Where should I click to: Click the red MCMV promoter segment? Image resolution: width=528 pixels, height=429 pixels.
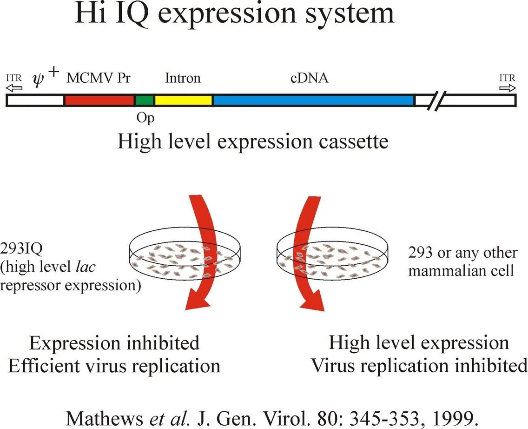coord(99,100)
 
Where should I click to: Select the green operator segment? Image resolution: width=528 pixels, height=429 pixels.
coord(144,100)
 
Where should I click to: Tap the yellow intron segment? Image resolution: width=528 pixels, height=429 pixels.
coord(183,100)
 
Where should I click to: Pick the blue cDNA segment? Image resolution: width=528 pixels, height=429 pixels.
coord(313,100)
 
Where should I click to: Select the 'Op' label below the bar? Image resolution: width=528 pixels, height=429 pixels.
coord(145,117)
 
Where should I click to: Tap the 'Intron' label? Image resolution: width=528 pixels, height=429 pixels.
coord(183,78)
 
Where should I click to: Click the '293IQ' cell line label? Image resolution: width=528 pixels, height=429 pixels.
coord(22,253)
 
